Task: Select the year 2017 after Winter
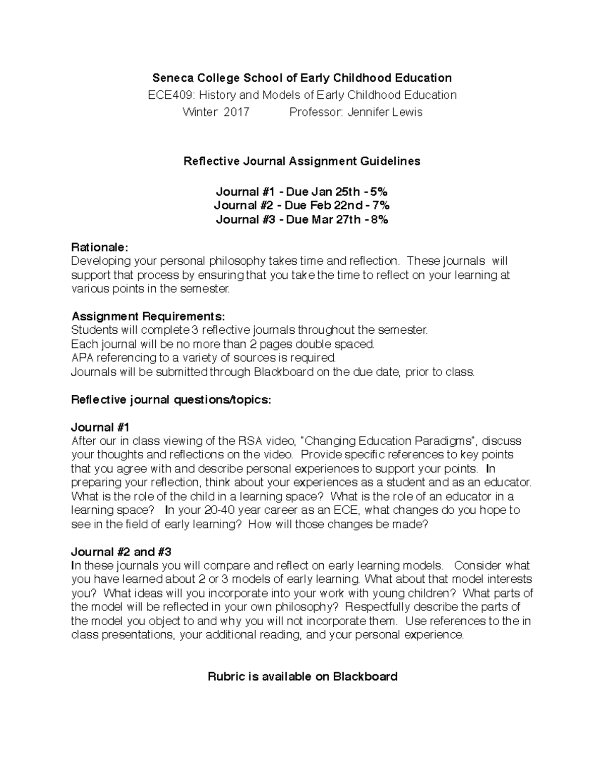coord(236,112)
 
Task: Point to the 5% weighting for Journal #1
coord(379,192)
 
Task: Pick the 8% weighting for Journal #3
coord(379,219)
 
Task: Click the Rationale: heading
coord(100,247)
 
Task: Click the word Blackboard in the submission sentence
coord(283,372)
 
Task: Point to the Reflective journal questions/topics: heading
coord(171,400)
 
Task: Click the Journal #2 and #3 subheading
coord(122,552)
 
